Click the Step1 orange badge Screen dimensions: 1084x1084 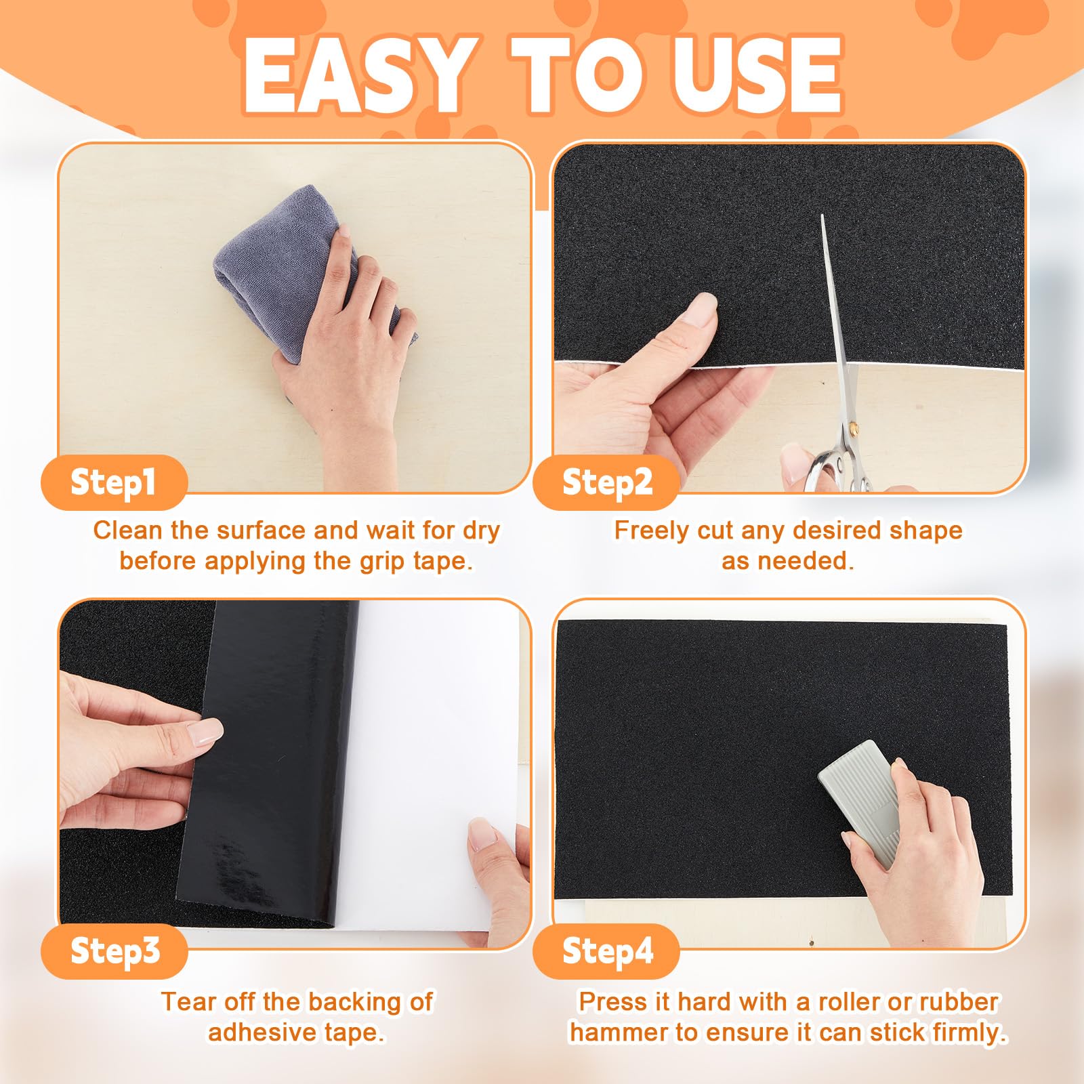click(x=114, y=482)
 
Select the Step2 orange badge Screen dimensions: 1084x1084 click(x=606, y=482)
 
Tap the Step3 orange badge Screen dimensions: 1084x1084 click(x=114, y=951)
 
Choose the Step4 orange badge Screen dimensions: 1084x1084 click(x=606, y=951)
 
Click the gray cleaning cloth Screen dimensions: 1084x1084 click(x=305, y=271)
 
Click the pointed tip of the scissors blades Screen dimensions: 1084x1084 click(x=822, y=215)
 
